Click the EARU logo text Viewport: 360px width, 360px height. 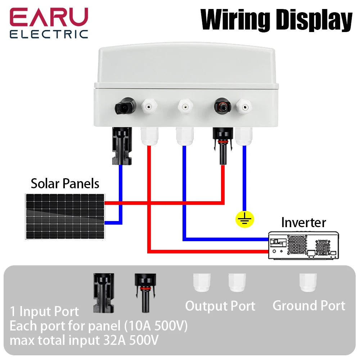coord(49,17)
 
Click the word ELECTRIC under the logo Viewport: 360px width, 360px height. coord(49,34)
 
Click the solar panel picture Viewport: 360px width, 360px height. coord(65,216)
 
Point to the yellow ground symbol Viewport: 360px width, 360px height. coord(245,219)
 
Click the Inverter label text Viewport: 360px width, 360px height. coord(303,222)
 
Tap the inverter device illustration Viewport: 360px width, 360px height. coord(303,246)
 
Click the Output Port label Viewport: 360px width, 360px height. coord(220,306)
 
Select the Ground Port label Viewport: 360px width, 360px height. coord(309,306)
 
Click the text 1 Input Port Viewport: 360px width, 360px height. coord(44,311)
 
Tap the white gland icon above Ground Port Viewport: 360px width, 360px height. coord(308,283)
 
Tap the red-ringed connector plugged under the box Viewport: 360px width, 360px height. coord(222,146)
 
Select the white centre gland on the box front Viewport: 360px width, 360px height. coord(184,107)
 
